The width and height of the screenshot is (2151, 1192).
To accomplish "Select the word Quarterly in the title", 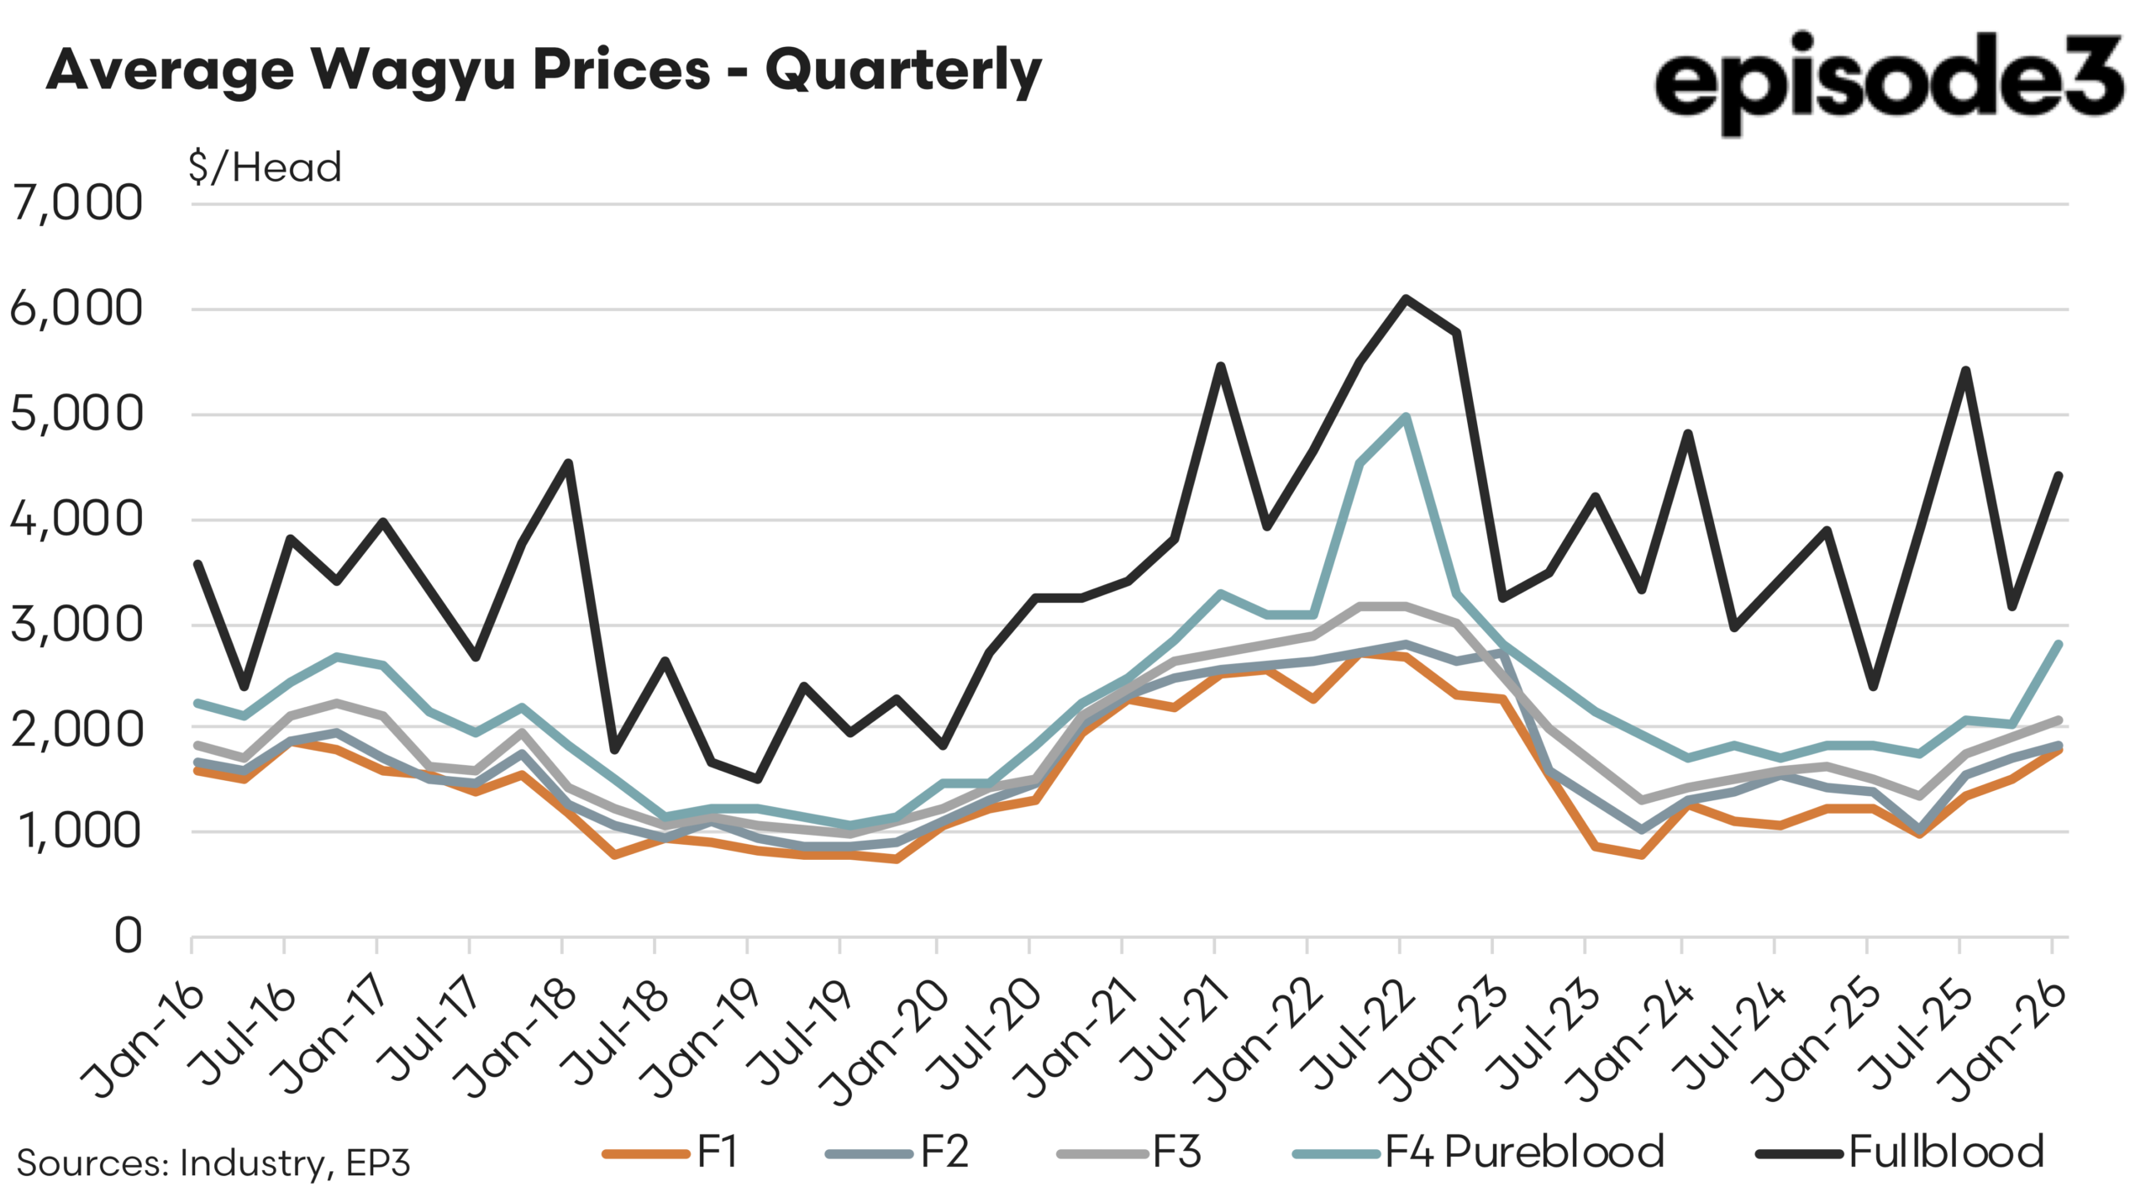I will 903,71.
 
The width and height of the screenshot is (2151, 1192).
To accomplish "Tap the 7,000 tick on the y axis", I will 76,203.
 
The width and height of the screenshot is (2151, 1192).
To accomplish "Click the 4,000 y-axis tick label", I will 76,520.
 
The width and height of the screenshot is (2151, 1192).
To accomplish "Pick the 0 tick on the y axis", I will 128,936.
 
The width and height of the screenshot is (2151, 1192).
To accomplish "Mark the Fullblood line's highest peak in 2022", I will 1405,298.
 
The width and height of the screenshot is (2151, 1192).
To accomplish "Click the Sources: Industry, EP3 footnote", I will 213,1163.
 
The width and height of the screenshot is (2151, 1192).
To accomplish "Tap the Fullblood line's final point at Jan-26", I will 2059,476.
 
